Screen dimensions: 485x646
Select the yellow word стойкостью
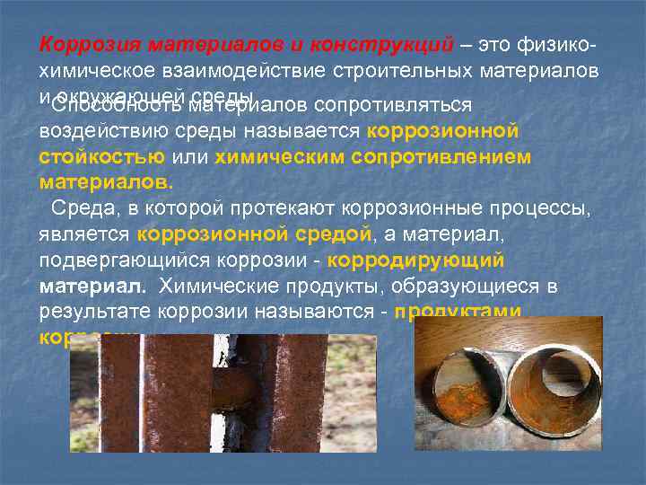click(x=101, y=157)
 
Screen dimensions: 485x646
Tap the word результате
click(x=95, y=313)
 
